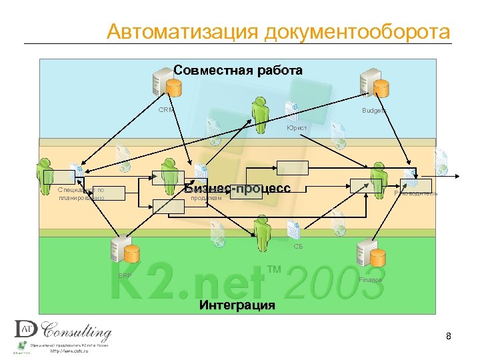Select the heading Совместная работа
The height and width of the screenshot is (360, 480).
point(238,70)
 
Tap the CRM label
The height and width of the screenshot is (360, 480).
point(165,110)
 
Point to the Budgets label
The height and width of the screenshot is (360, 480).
point(373,111)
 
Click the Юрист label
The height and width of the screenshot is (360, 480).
point(297,127)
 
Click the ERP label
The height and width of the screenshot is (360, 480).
point(125,275)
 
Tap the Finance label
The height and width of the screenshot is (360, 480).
point(371,279)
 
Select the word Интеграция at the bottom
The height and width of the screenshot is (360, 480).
point(237,305)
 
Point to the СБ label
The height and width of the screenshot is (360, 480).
point(298,246)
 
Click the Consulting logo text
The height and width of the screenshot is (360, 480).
point(77,331)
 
